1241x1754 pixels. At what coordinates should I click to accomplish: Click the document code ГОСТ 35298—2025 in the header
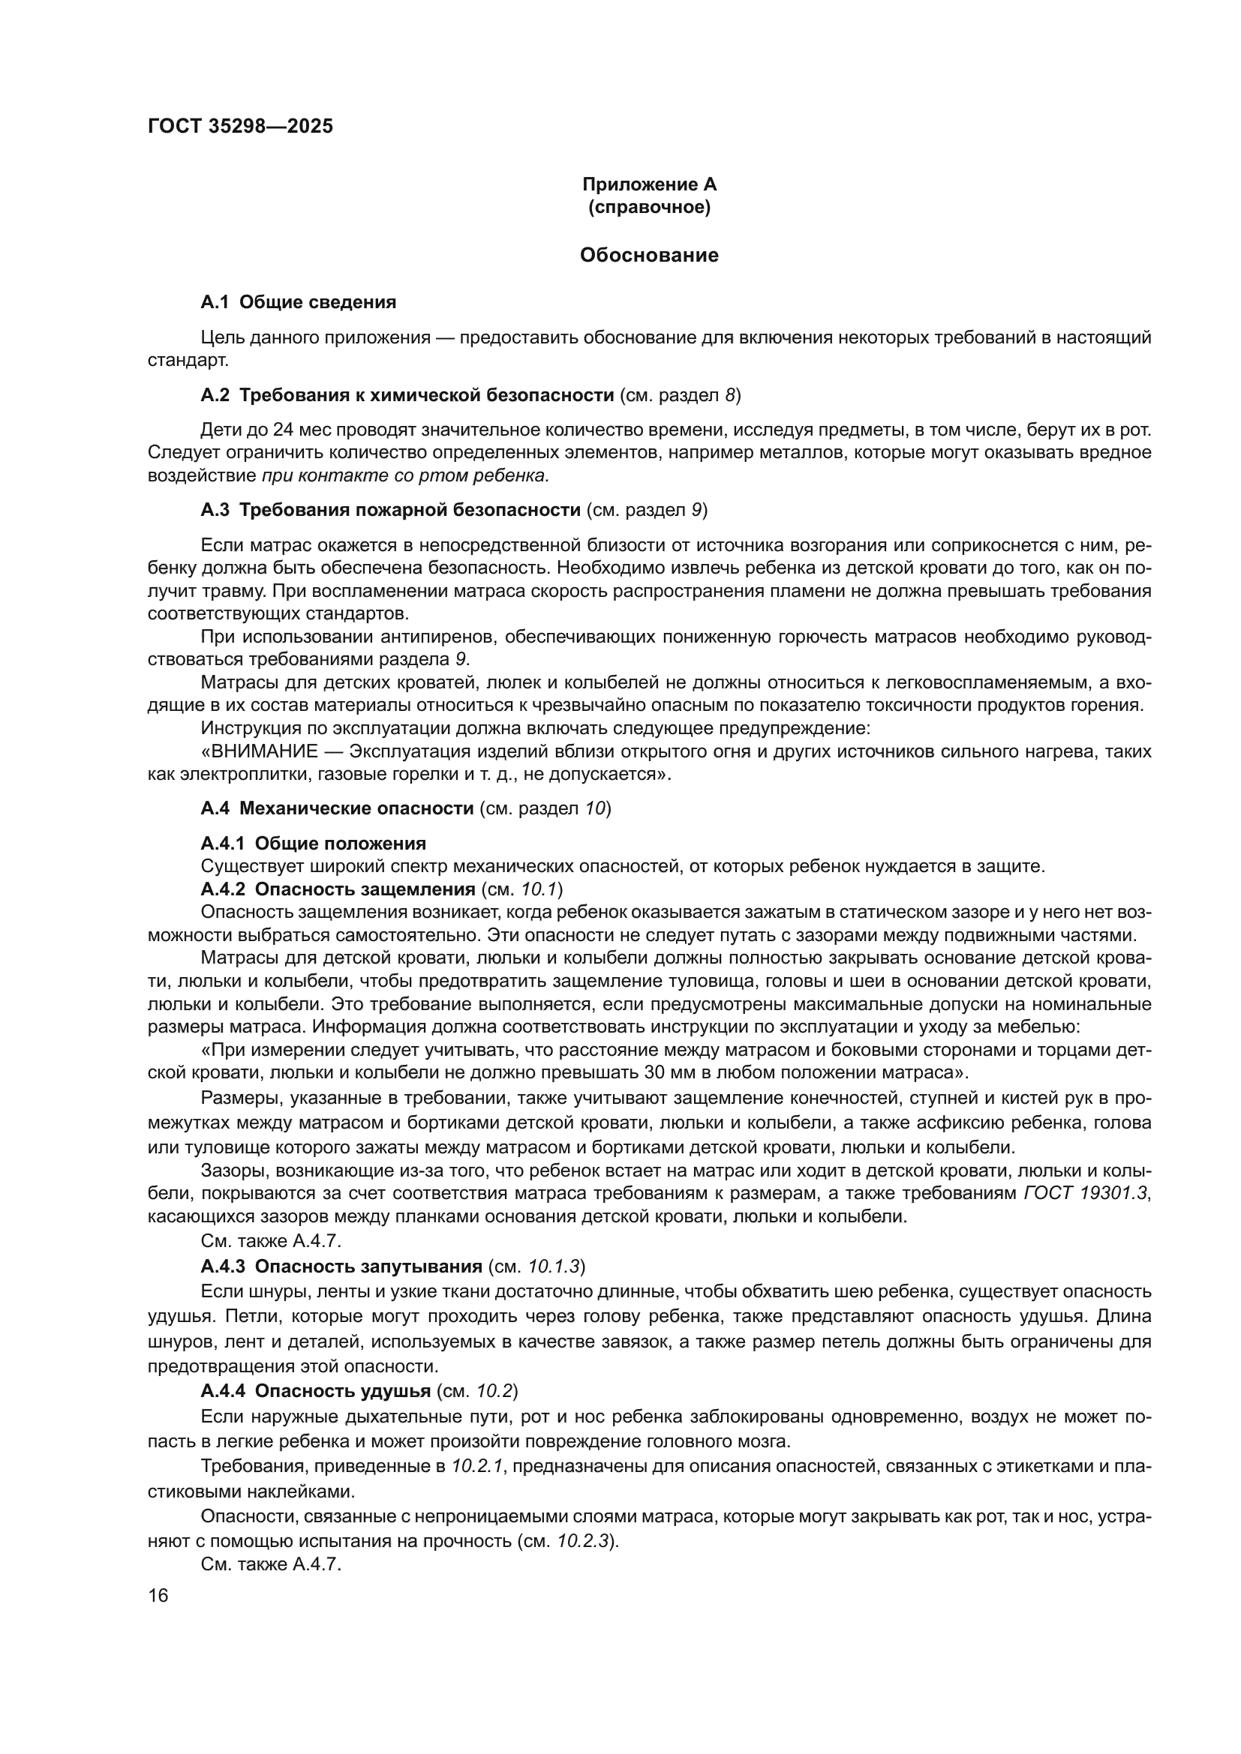click(x=240, y=127)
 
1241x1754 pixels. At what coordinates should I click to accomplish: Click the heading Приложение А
click(x=649, y=184)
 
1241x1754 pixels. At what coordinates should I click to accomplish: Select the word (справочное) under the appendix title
click(x=649, y=207)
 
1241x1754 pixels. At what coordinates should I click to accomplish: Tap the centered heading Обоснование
click(x=649, y=255)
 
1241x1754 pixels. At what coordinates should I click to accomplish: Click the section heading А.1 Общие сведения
click(x=298, y=301)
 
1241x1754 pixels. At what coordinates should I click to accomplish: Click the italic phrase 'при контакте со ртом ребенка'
click(x=405, y=476)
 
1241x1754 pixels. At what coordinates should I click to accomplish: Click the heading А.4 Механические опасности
click(x=337, y=808)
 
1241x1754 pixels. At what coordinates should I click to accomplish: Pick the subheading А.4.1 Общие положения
click(x=314, y=844)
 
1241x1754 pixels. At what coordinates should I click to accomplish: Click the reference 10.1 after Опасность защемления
click(x=540, y=889)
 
